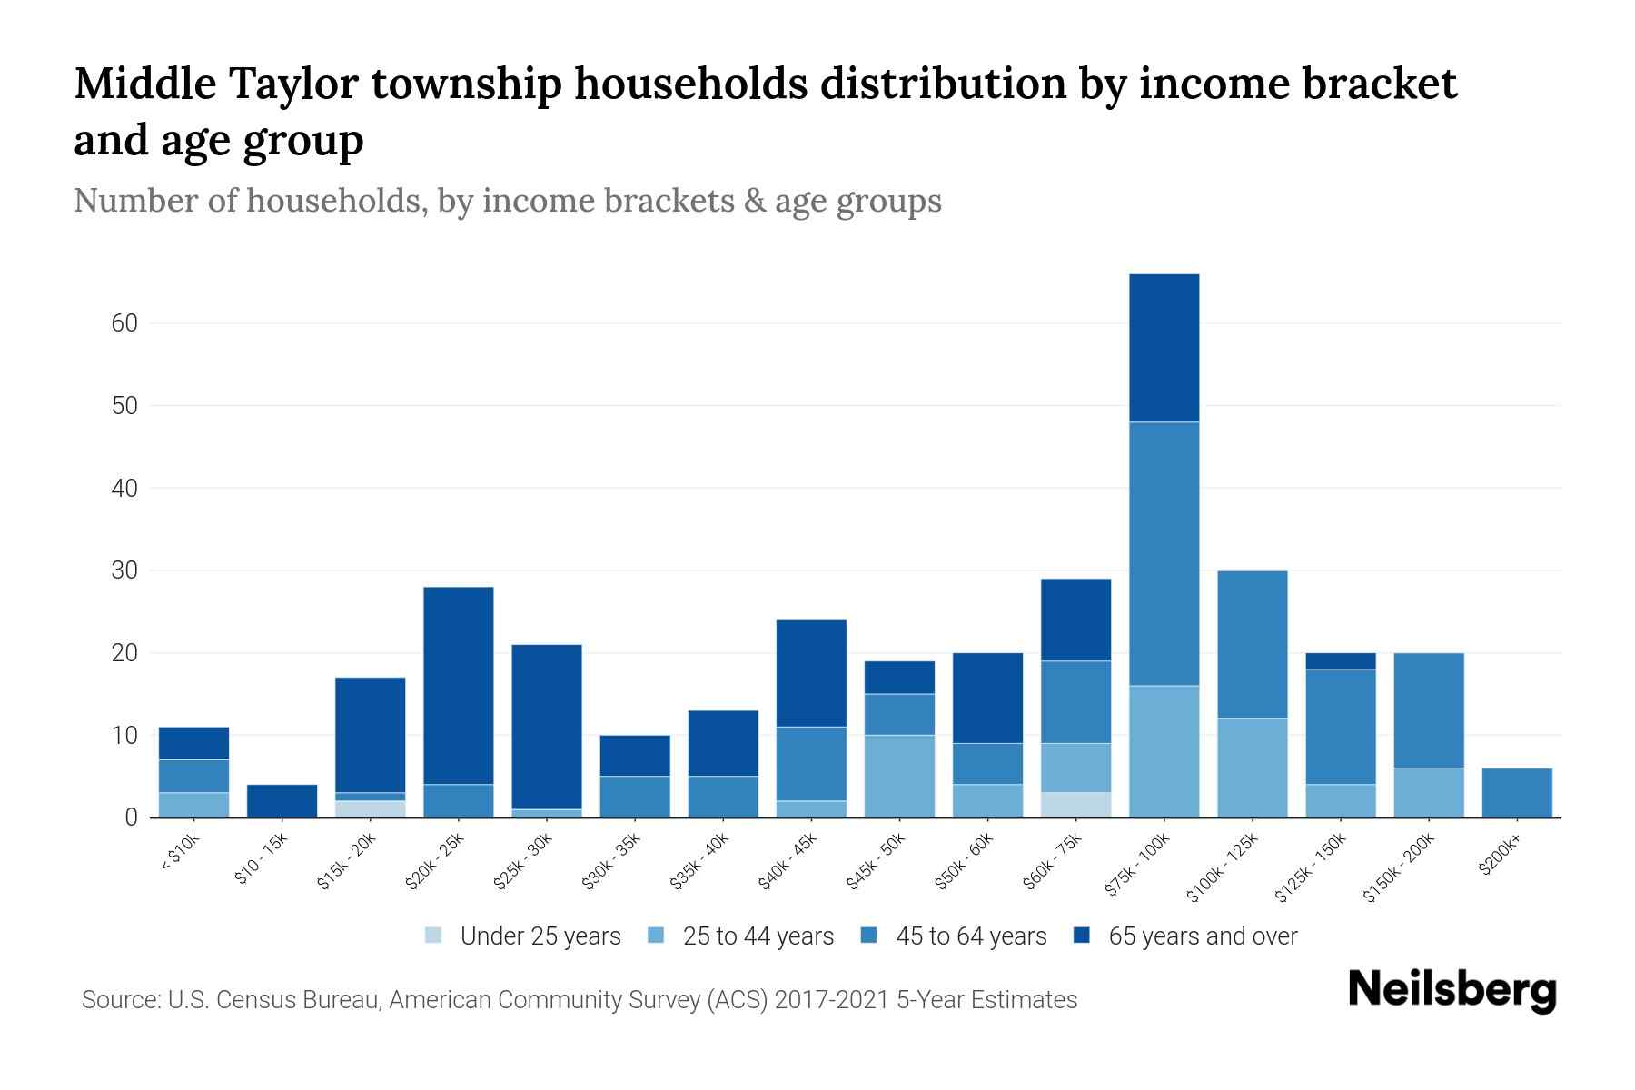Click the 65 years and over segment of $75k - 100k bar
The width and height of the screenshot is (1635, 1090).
(1164, 348)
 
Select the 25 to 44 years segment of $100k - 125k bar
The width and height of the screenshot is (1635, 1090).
(1252, 768)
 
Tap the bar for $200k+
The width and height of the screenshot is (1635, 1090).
(1516, 793)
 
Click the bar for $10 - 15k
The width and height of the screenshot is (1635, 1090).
(282, 801)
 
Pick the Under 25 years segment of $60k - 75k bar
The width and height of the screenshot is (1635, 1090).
(1075, 805)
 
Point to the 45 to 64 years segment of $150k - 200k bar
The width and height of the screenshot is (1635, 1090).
(1428, 710)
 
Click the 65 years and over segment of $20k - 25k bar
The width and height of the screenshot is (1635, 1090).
(458, 686)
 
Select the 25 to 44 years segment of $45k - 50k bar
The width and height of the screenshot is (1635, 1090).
(899, 777)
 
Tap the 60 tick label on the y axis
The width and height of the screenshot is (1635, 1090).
(125, 323)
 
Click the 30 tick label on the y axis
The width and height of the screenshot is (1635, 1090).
(125, 571)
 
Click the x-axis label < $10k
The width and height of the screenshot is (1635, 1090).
(181, 852)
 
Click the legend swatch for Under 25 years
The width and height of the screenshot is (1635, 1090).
(434, 936)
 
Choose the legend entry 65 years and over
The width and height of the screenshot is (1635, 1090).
(1202, 936)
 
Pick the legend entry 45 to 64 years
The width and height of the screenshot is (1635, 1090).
(970, 936)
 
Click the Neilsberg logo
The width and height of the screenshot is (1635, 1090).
(1452, 990)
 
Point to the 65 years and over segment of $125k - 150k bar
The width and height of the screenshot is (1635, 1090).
(1340, 661)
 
